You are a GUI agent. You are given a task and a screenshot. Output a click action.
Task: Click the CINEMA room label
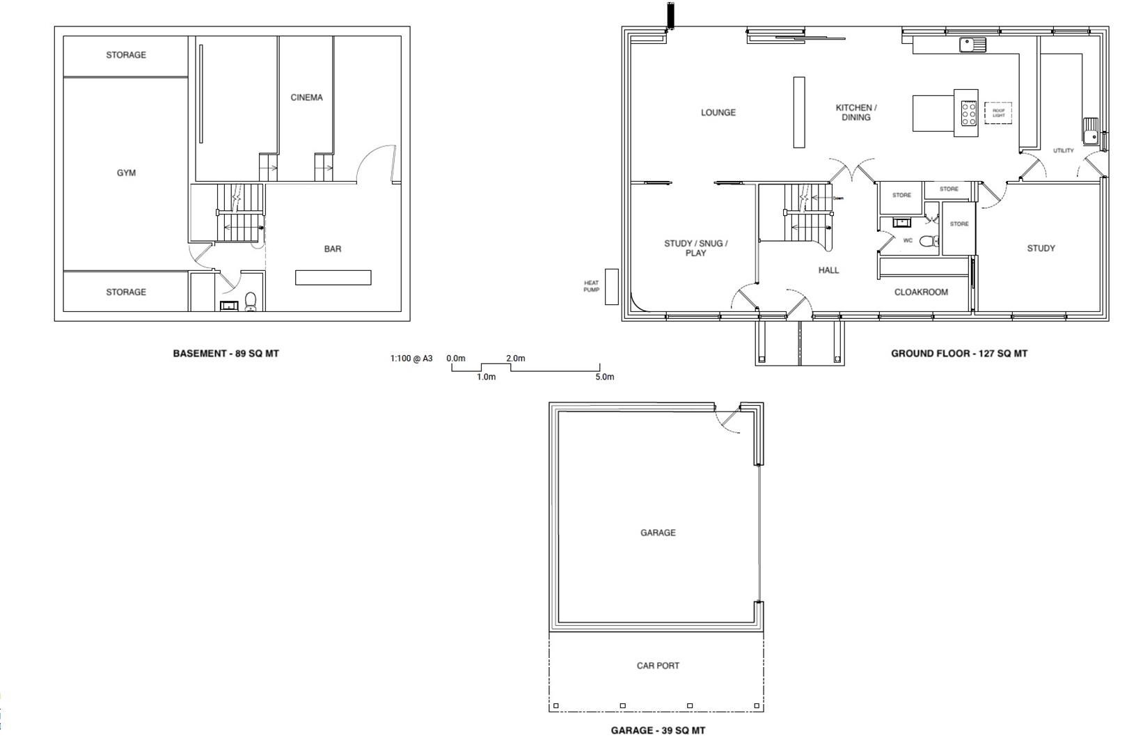click(306, 97)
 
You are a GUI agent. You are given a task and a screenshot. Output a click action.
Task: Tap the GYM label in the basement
click(126, 173)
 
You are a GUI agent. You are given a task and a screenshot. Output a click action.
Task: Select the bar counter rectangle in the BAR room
click(333, 277)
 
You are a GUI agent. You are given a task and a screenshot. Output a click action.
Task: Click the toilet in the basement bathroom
click(251, 301)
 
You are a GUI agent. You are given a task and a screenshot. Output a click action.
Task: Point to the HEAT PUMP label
click(591, 286)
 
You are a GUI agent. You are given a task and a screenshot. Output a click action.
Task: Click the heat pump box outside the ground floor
click(611, 286)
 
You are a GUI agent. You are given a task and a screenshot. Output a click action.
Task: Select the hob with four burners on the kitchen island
click(968, 113)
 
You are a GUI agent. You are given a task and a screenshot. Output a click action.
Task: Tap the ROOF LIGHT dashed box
click(998, 113)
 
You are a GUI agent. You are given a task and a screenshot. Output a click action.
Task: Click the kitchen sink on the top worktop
click(972, 45)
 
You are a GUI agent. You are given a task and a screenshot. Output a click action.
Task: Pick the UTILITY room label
click(1063, 150)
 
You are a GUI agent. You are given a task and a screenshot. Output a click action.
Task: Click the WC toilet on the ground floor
click(929, 242)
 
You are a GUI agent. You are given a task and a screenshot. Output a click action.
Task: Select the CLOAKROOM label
click(921, 292)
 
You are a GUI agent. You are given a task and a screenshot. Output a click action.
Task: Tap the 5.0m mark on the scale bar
click(605, 377)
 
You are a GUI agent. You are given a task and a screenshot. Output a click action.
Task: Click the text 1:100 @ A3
click(411, 359)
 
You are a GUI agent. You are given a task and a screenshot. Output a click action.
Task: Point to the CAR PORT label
click(658, 666)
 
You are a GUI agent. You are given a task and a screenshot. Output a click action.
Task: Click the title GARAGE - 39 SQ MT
click(658, 730)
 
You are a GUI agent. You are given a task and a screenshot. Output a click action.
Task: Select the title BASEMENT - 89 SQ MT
click(226, 353)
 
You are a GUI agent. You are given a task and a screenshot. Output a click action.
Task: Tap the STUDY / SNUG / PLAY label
click(695, 248)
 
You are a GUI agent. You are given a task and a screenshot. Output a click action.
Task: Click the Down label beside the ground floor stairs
click(838, 198)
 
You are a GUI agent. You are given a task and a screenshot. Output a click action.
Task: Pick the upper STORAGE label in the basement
click(126, 54)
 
